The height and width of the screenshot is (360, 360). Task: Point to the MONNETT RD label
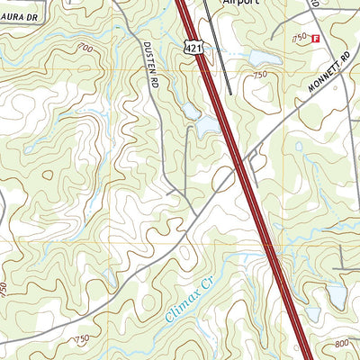click(327, 80)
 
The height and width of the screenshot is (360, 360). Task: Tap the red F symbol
click(315, 39)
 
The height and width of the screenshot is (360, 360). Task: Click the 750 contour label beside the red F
click(300, 37)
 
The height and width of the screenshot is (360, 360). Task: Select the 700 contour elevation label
click(85, 47)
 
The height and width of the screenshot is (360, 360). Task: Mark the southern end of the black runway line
click(231, 93)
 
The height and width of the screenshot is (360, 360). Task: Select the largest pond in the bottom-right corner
click(335, 292)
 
